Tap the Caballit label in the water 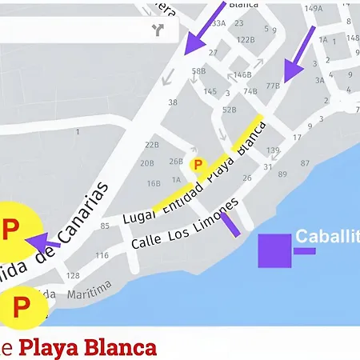[x=327, y=237]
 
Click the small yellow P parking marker [x=198, y=164]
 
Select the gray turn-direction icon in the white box [x=157, y=30]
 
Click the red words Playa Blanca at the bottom [x=87, y=349]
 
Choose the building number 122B [x=246, y=39]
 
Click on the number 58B [x=198, y=72]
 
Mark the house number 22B [x=152, y=145]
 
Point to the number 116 [x=102, y=256]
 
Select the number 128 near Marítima [x=73, y=275]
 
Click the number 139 [x=274, y=150]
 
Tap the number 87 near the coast [x=305, y=162]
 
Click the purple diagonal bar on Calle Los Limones [x=230, y=224]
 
